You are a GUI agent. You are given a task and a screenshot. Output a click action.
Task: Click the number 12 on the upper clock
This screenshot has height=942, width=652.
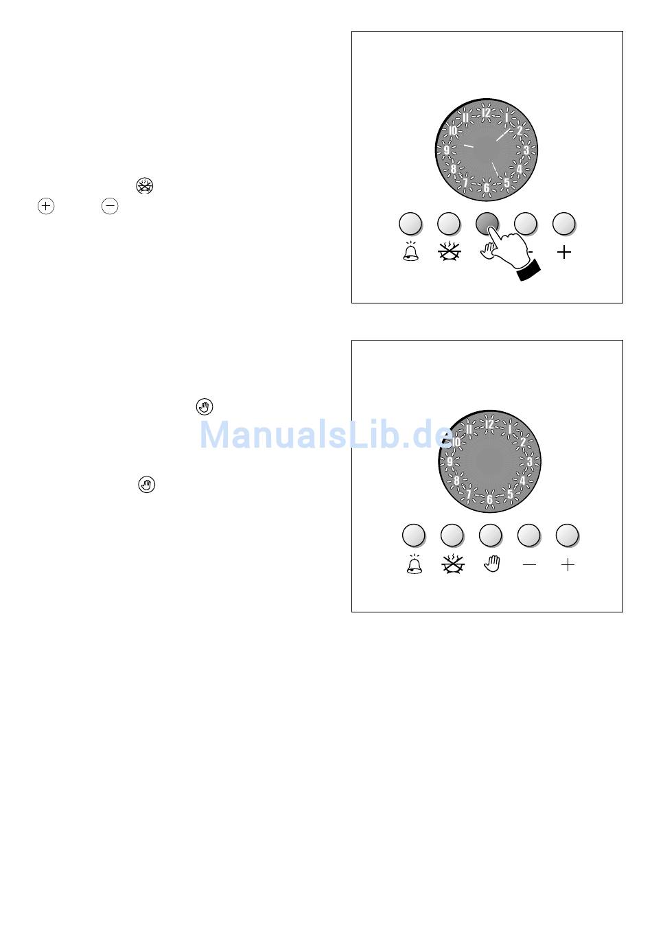coord(486,113)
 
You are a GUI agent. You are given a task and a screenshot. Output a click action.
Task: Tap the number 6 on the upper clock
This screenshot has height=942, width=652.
coord(487,187)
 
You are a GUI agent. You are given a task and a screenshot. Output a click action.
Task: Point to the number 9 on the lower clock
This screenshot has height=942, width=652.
coord(450,461)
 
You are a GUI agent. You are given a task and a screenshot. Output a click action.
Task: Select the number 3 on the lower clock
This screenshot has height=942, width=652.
coord(530,462)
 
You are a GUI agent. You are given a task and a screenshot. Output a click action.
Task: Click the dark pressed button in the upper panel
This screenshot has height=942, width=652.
coord(487,223)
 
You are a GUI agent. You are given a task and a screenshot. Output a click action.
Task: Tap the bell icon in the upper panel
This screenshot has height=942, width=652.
coord(410,252)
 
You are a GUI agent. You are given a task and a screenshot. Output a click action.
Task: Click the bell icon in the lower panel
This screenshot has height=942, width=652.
coord(415,564)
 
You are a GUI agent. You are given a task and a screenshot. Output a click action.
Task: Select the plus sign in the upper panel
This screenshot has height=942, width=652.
coord(563,253)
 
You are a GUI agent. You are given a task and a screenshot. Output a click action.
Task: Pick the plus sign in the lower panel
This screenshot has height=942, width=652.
coord(568,565)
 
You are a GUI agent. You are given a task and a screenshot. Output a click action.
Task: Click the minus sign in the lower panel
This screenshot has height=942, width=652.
coord(529,564)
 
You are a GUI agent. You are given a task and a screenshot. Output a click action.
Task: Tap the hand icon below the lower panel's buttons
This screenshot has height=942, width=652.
coord(491,564)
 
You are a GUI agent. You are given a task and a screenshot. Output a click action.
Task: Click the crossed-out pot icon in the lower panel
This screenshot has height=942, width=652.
coord(453,564)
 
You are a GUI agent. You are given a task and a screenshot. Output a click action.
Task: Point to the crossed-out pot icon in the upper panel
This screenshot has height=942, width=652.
coord(450,251)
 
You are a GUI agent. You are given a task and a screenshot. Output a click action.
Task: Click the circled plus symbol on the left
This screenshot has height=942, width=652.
coord(46,206)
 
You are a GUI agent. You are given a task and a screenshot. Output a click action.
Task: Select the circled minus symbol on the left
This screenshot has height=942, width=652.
coord(110,206)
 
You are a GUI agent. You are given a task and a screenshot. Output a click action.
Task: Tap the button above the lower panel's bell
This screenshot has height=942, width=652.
coord(414,535)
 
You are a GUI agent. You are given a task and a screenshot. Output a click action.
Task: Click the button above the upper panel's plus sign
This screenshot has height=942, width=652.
coord(563,223)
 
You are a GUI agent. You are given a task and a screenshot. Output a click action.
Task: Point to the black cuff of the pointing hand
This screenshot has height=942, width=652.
coord(528,270)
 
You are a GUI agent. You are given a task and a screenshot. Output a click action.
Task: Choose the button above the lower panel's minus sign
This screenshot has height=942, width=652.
coord(529,535)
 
